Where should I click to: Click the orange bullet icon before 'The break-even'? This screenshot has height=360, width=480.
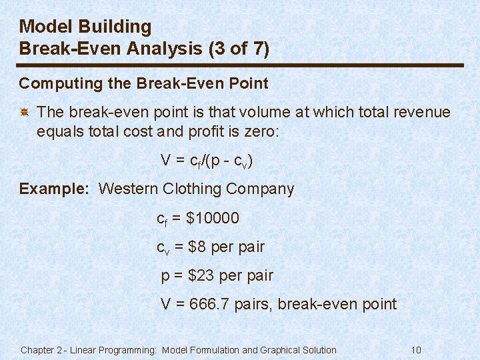click(x=23, y=113)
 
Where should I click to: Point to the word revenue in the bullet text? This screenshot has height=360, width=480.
click(x=422, y=113)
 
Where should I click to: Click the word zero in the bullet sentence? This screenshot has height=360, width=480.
click(x=265, y=132)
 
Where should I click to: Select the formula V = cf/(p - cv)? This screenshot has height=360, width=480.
click(x=207, y=161)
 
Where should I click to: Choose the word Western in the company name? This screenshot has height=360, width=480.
click(x=127, y=189)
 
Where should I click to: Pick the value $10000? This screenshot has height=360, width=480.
click(x=214, y=218)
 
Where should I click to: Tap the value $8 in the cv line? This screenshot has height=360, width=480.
click(x=198, y=247)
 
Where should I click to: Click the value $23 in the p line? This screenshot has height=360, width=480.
click(x=203, y=275)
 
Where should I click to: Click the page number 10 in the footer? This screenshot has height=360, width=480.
click(x=417, y=350)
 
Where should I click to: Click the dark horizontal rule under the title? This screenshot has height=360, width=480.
click(x=240, y=65)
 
